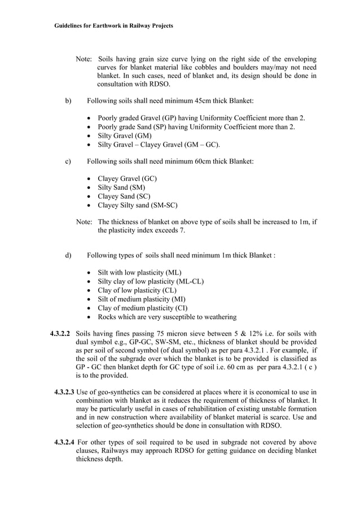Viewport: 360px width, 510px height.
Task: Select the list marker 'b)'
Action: [x=68, y=101]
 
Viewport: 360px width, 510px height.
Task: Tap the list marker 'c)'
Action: [x=68, y=162]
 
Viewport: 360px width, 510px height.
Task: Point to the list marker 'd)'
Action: [x=68, y=255]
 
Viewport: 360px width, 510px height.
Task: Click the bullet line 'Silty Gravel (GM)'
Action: [x=124, y=136]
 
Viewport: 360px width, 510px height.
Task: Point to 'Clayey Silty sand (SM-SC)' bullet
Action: [x=138, y=206]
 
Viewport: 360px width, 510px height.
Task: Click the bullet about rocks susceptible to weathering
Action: [x=167, y=317]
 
